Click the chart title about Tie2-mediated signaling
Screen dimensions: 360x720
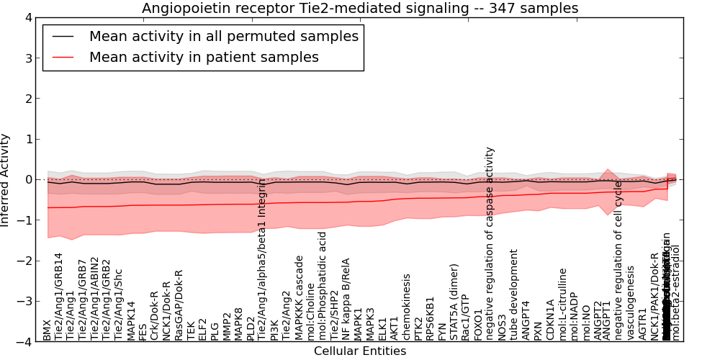[x=360, y=8]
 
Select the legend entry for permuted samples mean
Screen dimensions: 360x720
[x=223, y=36]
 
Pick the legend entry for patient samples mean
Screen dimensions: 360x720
[x=204, y=57]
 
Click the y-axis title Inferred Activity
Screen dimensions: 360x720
[x=6, y=180]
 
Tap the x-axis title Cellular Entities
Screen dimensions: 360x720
[x=360, y=351]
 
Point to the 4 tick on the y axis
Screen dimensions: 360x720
[x=28, y=17]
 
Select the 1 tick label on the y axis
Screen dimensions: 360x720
[x=28, y=139]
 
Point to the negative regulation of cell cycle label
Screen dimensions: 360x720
[x=618, y=260]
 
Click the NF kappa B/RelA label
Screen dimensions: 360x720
[x=346, y=299]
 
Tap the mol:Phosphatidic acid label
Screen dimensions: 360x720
[x=323, y=286]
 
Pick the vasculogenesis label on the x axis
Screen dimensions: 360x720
[x=631, y=302]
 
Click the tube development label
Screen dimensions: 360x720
[x=514, y=294]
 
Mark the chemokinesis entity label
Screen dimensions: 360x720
[x=407, y=307]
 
